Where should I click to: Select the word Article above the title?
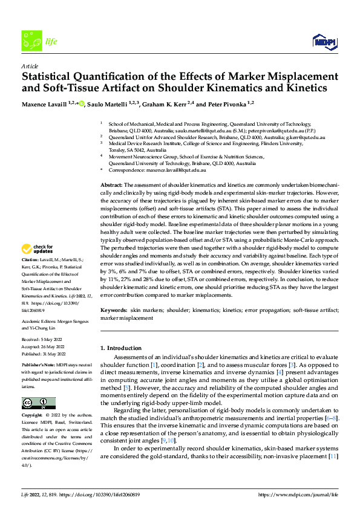(x=30, y=66)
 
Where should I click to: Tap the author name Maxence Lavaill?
(x=45, y=104)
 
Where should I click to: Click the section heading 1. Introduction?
(x=123, y=348)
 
